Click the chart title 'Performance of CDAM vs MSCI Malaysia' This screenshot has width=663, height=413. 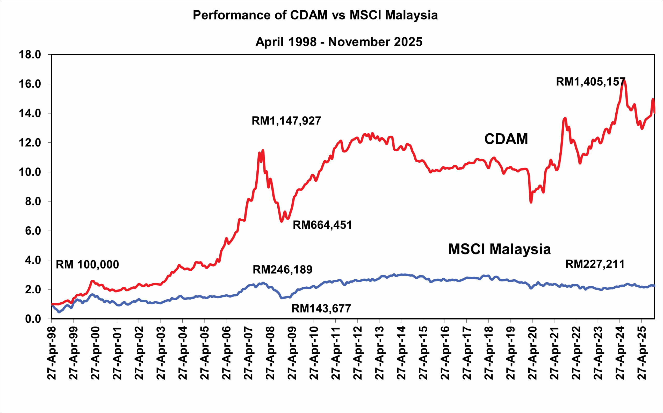(315, 15)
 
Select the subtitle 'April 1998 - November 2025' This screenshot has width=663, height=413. (339, 42)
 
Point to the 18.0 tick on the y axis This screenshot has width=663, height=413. (30, 55)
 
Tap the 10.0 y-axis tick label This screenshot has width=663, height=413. (30, 172)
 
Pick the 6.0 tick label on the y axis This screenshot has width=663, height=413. (33, 231)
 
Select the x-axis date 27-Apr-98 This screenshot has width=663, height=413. (52, 352)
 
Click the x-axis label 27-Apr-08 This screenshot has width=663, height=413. (270, 352)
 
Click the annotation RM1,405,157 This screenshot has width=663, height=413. (590, 82)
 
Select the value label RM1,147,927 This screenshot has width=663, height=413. (286, 121)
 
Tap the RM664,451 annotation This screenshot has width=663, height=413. (322, 225)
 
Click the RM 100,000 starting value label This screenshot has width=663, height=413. (88, 264)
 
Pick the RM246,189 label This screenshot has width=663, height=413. (283, 270)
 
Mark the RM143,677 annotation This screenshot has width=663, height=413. (321, 309)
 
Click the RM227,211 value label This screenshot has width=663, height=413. (595, 264)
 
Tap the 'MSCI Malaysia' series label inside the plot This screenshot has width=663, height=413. (499, 249)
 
